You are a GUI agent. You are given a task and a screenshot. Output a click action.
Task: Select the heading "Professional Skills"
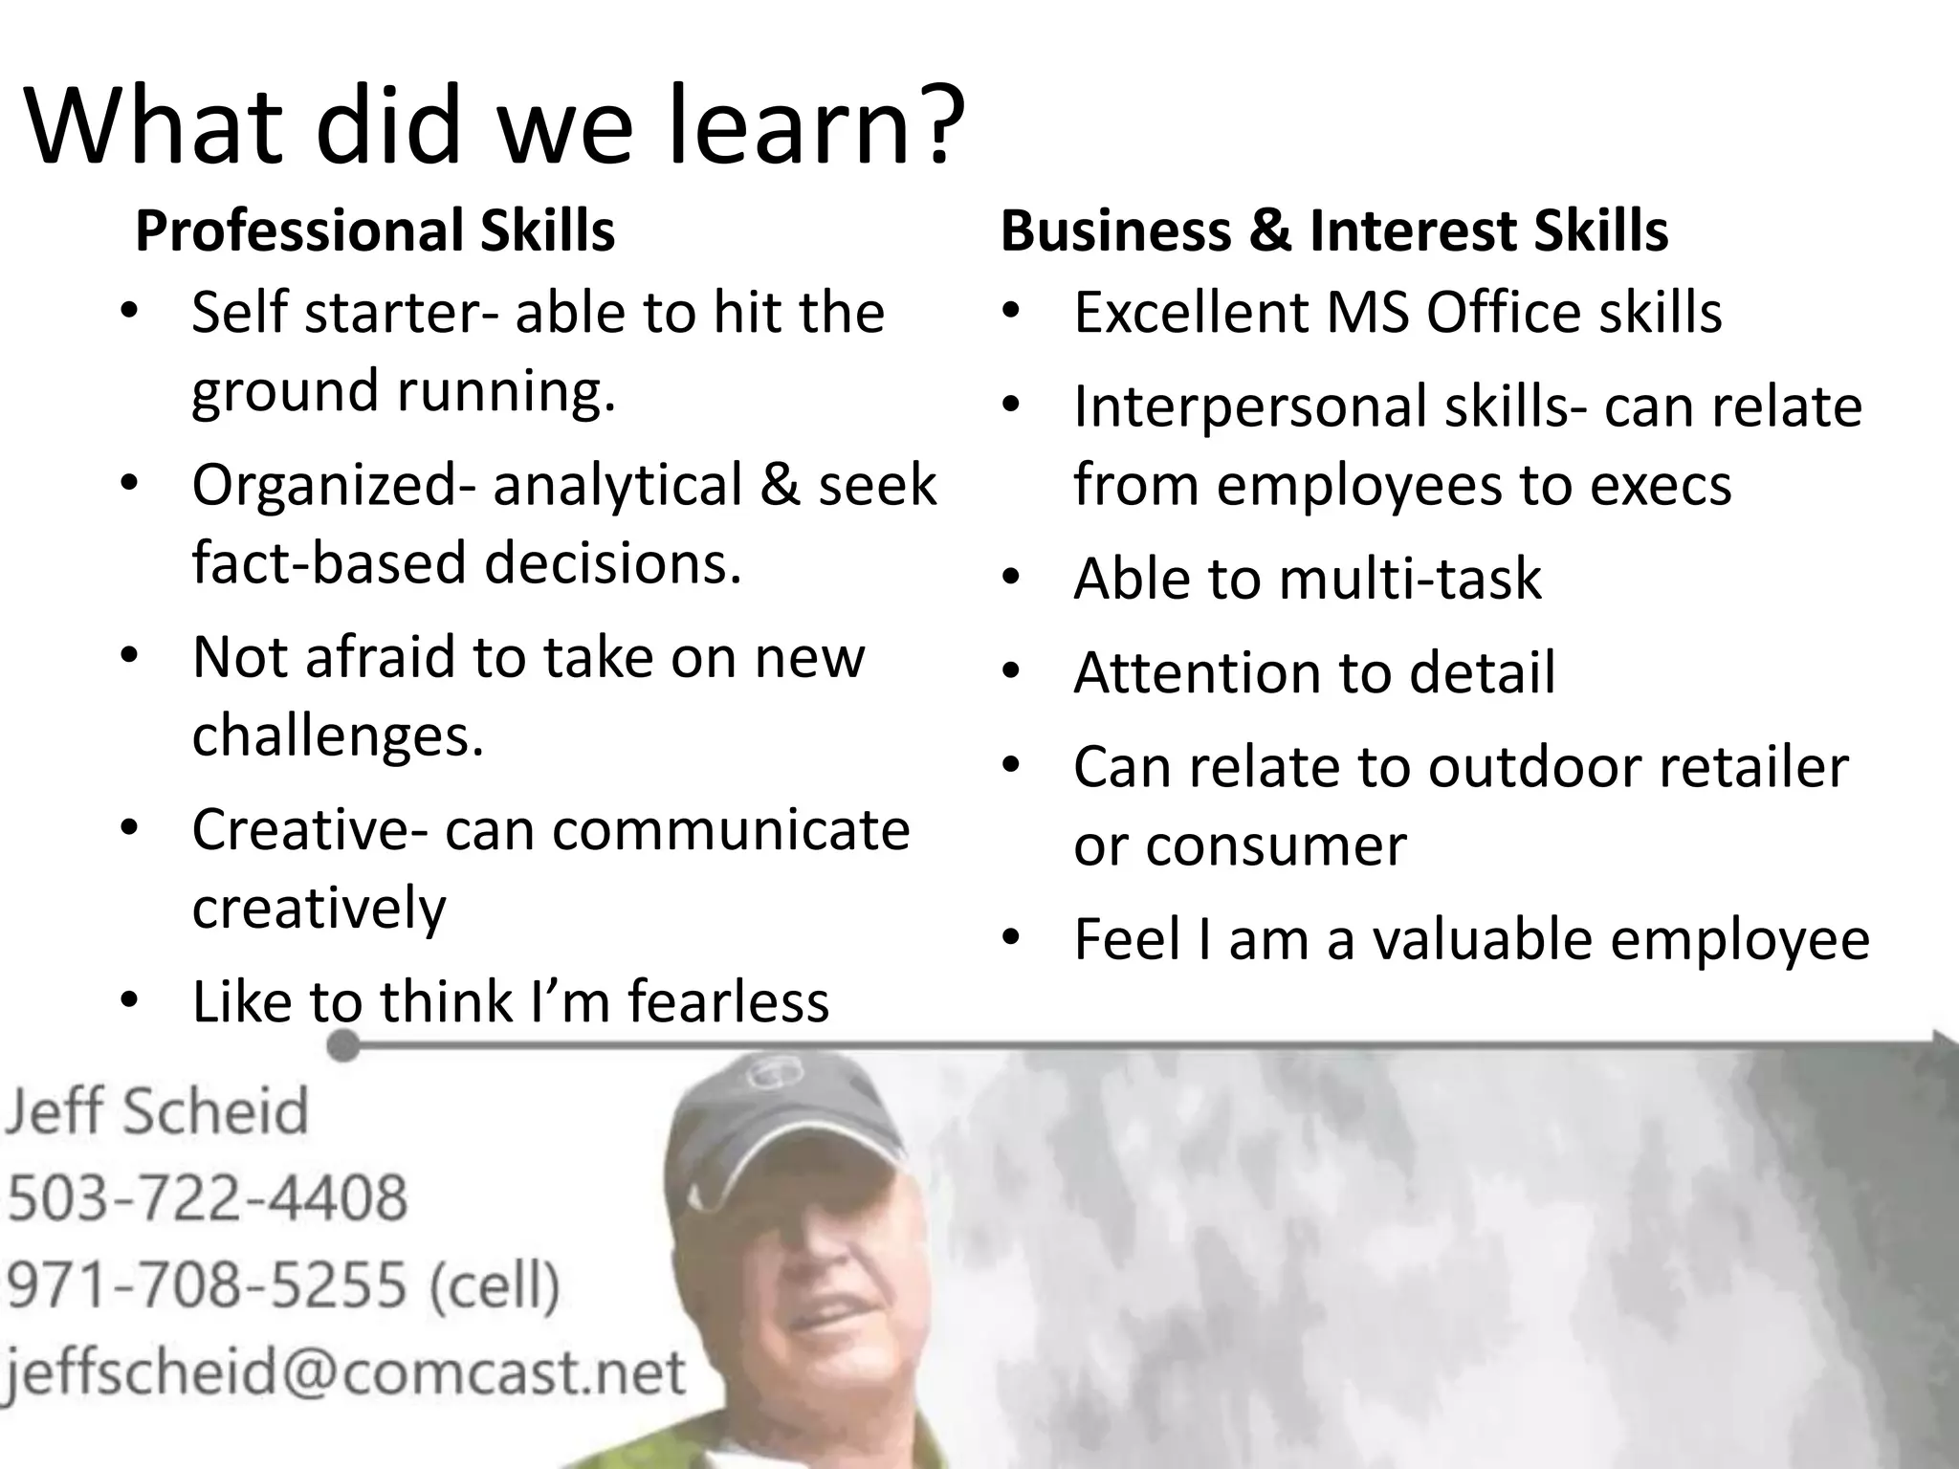375,230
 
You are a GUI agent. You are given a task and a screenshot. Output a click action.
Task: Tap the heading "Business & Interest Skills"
1334,230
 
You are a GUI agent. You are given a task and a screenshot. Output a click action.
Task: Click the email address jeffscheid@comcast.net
344,1371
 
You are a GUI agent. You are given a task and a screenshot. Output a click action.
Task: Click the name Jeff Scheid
158,1111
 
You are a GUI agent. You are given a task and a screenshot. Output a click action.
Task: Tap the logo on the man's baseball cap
765,1074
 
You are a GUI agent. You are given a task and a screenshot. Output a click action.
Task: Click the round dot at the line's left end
342,1046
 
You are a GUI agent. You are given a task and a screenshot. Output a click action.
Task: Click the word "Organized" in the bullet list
323,485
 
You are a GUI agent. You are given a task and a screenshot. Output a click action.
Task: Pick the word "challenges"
338,734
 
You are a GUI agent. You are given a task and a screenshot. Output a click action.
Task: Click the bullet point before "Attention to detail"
1013,672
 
